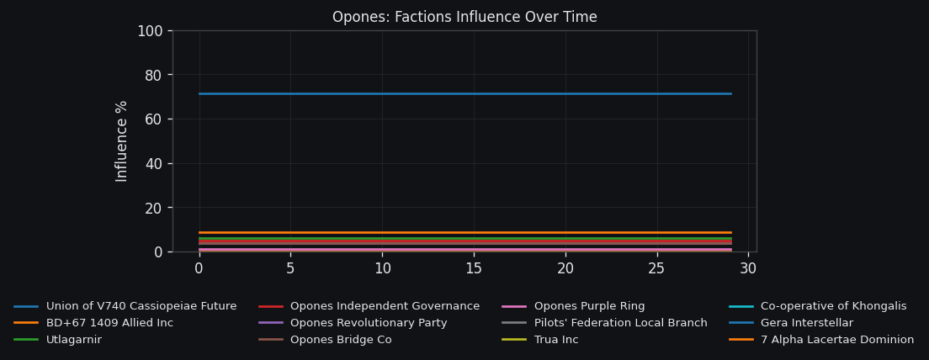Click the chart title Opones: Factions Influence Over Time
464,18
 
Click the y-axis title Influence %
122,141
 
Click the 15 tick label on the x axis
474,268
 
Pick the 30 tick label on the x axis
748,268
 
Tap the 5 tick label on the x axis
290,268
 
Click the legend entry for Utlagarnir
74,340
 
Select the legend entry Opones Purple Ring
589,306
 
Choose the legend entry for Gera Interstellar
807,323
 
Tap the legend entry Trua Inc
556,340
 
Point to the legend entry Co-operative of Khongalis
833,306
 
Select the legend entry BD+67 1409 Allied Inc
109,323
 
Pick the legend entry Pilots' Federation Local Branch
620,323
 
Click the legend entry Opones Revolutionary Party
369,323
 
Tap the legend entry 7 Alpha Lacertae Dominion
837,340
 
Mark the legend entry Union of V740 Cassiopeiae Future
141,306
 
